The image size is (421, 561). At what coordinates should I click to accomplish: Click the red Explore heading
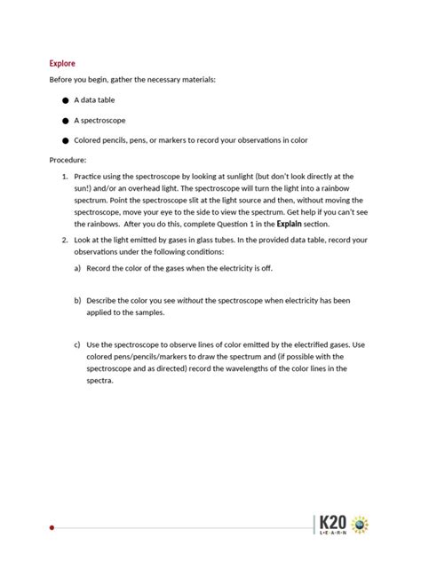(x=62, y=64)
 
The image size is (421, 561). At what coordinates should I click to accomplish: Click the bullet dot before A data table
(x=66, y=100)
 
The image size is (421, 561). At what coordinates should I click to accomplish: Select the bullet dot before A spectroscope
(x=66, y=120)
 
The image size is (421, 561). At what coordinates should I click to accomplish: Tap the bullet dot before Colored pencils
(x=66, y=140)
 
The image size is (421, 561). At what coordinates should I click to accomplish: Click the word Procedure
(x=68, y=160)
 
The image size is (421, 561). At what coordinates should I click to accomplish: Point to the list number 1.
(x=65, y=177)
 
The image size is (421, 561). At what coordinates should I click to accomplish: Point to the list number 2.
(x=65, y=241)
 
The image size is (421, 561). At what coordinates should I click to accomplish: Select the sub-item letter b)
(x=77, y=301)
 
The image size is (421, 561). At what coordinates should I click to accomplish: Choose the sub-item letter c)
(x=77, y=344)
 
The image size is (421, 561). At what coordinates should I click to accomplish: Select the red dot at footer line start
(x=52, y=527)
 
